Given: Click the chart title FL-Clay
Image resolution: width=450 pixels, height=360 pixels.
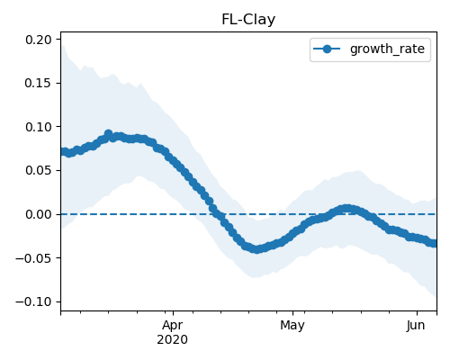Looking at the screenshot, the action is pos(248,20).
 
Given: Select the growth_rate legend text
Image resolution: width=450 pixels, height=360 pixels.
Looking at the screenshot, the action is pos(387,49).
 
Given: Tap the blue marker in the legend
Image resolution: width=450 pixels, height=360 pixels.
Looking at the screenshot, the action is pos(327,49).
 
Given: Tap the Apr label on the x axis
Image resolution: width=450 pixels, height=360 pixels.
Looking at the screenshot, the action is pos(173,326).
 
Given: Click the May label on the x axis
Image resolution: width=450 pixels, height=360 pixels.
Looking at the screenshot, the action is pos(292,325).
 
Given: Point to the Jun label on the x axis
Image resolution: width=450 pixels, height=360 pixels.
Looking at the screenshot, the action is pos(416,325).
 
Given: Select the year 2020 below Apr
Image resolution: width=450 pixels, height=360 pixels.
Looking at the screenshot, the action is pos(173,340).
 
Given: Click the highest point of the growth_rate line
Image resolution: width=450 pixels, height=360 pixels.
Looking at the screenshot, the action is pos(108,134).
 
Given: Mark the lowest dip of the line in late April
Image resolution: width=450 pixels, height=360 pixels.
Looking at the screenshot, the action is pos(256,249).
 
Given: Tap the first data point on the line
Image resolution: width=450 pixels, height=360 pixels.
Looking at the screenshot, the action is pos(62,152).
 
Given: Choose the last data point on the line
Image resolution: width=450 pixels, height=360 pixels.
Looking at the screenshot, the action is pos(434,243).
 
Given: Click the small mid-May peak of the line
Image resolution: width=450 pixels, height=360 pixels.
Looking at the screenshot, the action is pos(347,209).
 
